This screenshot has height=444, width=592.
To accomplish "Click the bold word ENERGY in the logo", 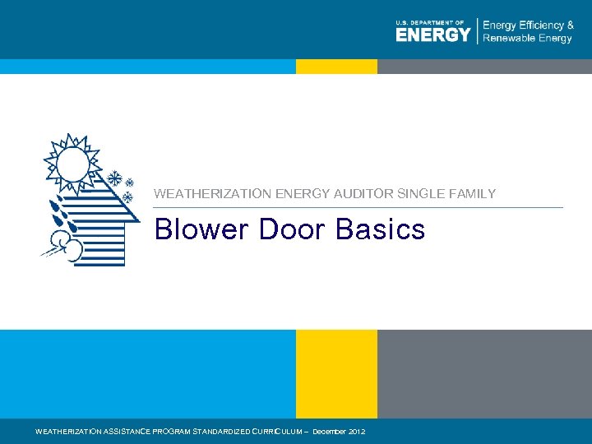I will tap(433, 34).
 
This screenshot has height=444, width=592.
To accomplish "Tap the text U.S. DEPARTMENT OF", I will tap(430, 22).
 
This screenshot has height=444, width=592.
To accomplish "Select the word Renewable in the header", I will tap(509, 38).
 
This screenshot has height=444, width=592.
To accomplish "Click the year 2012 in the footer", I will tap(358, 432).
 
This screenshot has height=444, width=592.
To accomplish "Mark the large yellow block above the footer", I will tap(336, 373).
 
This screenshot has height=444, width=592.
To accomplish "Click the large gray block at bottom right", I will tap(484, 373).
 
